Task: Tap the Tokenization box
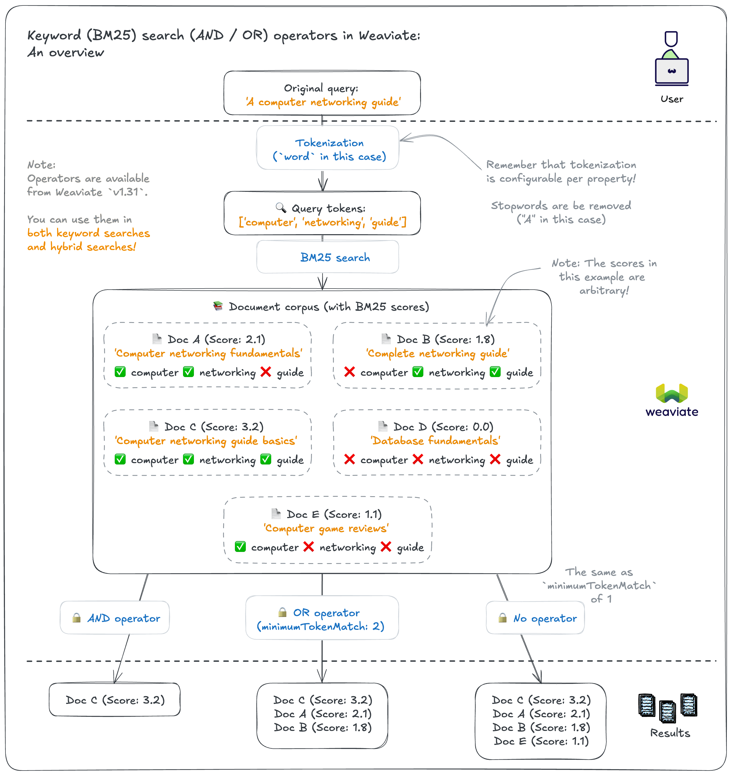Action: [328, 148]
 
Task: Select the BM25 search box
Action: [328, 257]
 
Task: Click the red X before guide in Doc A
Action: [266, 372]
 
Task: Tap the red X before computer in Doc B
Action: [350, 372]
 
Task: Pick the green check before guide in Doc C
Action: [266, 459]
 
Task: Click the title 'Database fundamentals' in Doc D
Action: [435, 441]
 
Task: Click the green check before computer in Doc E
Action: [240, 546]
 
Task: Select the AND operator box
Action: [115, 618]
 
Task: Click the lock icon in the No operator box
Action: [503, 618]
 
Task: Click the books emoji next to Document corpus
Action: [218, 306]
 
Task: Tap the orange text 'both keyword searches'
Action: [88, 233]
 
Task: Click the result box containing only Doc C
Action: [115, 699]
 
